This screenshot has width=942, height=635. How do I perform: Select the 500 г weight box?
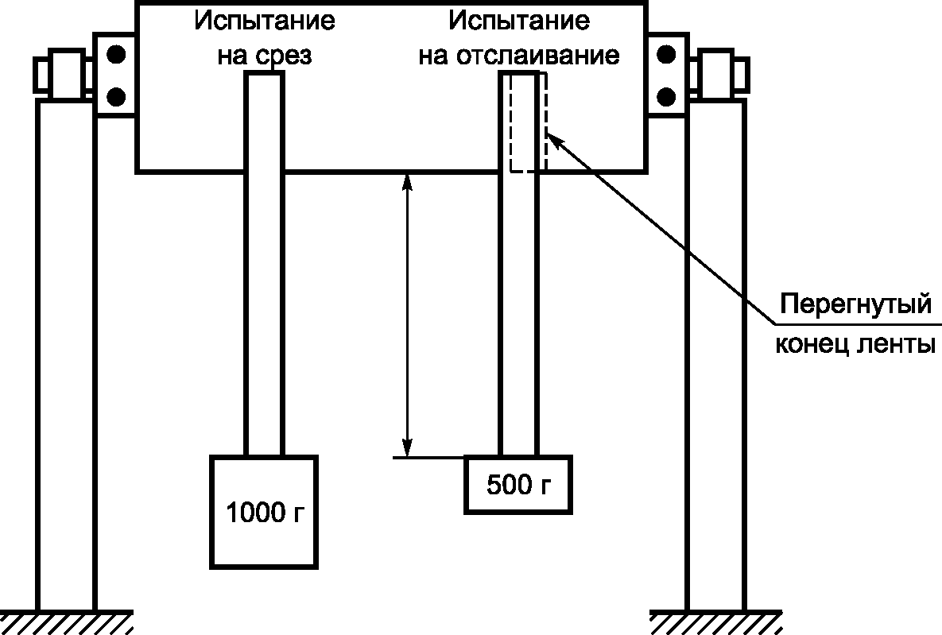coord(518,484)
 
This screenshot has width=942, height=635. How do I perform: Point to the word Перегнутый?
coord(855,304)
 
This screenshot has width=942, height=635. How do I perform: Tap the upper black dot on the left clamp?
coord(116,55)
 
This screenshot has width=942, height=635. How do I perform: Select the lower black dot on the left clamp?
coord(116,96)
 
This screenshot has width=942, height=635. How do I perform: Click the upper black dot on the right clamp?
coord(666,55)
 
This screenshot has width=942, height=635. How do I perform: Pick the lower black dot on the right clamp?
coord(666,96)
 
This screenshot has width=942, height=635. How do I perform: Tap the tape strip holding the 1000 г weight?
coord(264,318)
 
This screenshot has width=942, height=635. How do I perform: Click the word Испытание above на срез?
coord(264,21)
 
